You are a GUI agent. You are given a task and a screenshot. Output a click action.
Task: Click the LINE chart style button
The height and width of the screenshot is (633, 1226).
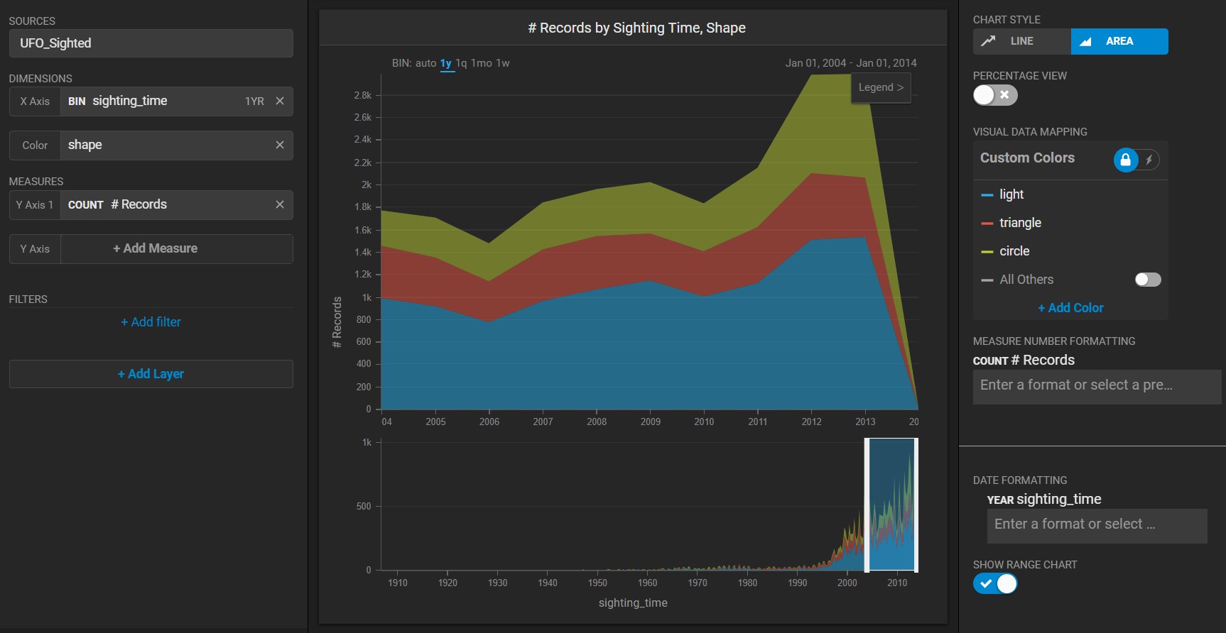(1021, 41)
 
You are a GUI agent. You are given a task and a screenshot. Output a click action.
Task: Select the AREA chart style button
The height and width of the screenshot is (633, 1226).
(1119, 41)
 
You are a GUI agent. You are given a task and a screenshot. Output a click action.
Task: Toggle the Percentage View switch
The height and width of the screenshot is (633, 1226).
(995, 95)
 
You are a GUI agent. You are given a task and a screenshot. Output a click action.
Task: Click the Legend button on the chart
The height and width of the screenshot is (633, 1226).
(881, 87)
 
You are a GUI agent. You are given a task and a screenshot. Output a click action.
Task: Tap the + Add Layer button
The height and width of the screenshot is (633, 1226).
(151, 374)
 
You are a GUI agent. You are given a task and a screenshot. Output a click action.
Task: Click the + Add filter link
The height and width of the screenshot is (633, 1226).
(151, 322)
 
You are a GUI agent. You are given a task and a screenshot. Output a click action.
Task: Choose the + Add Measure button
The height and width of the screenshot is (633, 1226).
(155, 248)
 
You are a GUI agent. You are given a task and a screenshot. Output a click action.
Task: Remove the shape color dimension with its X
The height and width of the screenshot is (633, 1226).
(280, 145)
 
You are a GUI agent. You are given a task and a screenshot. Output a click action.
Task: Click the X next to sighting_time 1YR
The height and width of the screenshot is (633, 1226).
(280, 101)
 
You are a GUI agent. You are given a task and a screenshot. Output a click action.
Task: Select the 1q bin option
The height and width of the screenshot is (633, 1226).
(461, 63)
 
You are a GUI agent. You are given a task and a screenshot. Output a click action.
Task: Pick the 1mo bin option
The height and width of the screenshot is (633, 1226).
(481, 63)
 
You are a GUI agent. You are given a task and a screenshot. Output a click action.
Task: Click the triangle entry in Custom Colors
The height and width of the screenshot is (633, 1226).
(1020, 223)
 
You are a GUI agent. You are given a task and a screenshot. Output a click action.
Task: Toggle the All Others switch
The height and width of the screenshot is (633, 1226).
(1148, 280)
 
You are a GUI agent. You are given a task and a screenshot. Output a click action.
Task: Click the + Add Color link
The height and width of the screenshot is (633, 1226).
(1070, 308)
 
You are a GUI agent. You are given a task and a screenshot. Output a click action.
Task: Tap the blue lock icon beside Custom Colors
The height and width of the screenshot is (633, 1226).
(1125, 160)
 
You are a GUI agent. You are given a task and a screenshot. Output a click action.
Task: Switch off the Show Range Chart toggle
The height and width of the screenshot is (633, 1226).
(995, 583)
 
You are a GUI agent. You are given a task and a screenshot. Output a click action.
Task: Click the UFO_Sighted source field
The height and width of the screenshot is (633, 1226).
(151, 43)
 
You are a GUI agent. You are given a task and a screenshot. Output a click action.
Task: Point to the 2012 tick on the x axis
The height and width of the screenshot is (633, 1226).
(811, 422)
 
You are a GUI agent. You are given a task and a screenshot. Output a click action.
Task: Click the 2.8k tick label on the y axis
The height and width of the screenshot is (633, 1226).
(363, 95)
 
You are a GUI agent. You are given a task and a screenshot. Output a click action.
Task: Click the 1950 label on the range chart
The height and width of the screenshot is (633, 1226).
(597, 583)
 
